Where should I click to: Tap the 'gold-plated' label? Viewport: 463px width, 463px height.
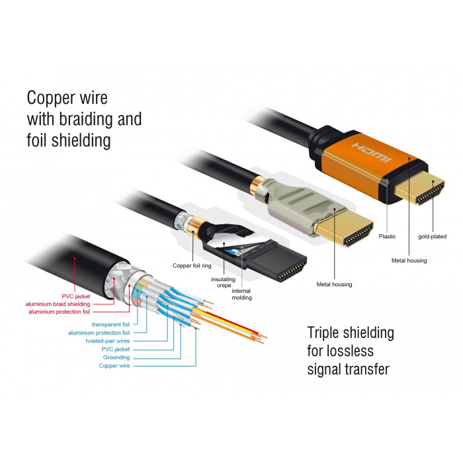(x=432, y=236)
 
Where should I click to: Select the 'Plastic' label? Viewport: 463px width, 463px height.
(x=387, y=236)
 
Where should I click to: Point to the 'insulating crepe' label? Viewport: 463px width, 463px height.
(x=224, y=283)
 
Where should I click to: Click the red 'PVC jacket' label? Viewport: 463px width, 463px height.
(x=95, y=296)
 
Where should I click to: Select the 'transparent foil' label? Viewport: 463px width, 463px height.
(x=111, y=325)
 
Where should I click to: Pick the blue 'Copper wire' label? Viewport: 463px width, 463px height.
(x=114, y=365)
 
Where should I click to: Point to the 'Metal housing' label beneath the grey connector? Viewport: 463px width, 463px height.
(x=334, y=284)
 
